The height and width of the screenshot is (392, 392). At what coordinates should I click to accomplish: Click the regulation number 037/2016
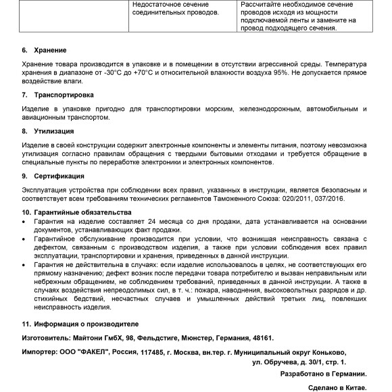332,199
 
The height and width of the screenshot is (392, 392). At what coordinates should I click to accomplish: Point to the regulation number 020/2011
298,199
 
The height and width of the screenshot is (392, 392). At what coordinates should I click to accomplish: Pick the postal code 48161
262,337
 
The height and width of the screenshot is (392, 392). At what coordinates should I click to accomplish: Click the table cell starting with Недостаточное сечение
174,9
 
